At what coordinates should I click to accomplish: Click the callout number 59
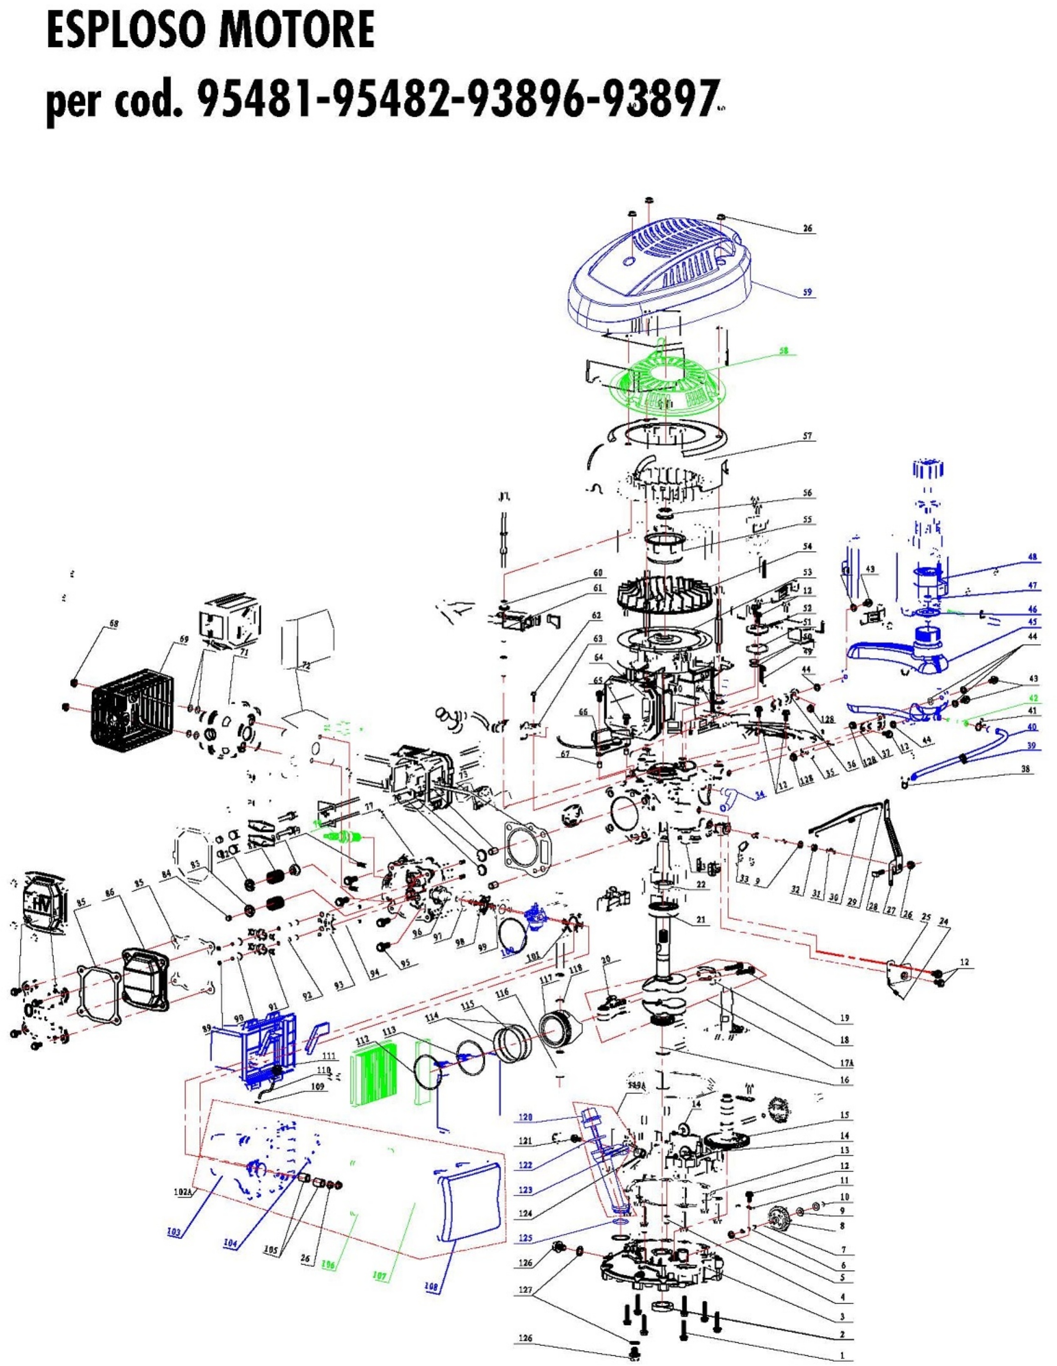808,292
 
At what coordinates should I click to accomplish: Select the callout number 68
113,623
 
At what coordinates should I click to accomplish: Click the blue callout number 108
431,1286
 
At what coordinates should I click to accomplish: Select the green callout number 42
1033,697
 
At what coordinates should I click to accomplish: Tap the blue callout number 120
525,1117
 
